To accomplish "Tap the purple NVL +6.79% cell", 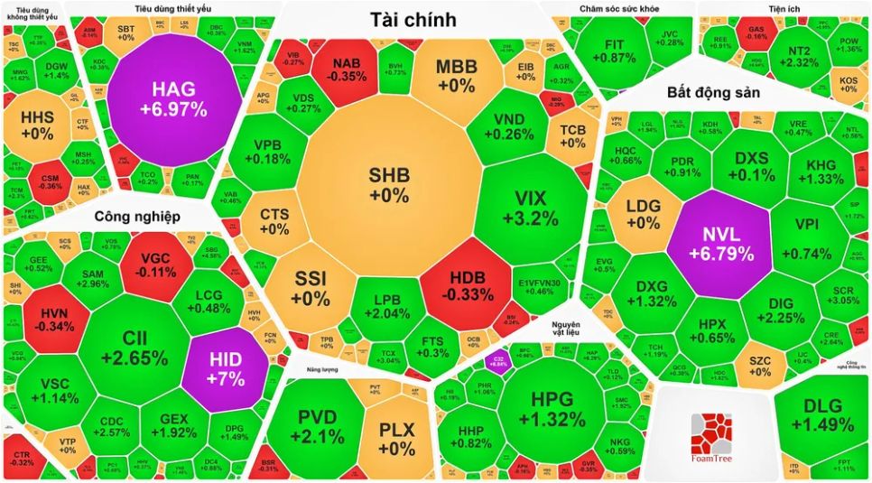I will click(x=720, y=242).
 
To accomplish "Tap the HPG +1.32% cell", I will click(x=552, y=408).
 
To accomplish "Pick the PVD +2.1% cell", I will click(x=319, y=427).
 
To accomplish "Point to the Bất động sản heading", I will click(x=713, y=92).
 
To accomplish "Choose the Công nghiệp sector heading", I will click(x=137, y=216).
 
